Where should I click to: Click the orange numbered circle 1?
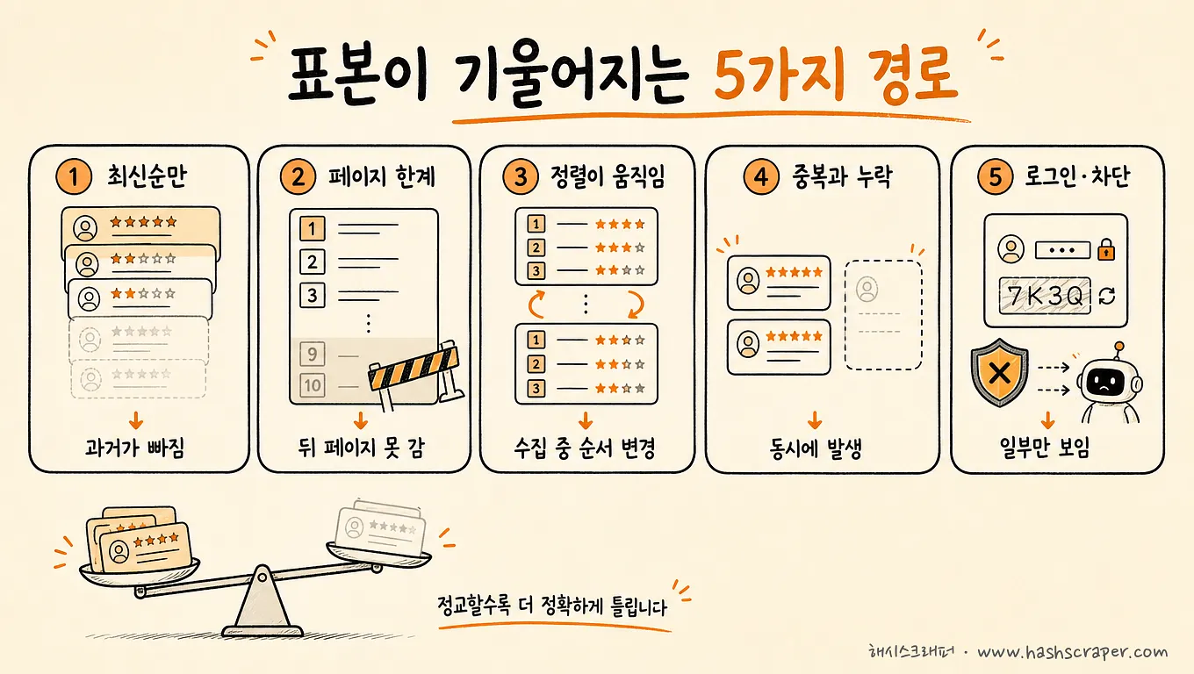[74, 176]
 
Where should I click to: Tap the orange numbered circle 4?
[761, 176]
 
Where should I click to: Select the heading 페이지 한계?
[382, 176]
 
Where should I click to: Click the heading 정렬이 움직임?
[608, 176]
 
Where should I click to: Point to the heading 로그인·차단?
[1077, 176]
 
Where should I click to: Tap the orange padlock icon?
[1106, 249]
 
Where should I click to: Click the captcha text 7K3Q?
[1045, 296]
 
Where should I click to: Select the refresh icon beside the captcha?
[1107, 296]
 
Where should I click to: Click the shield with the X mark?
[999, 373]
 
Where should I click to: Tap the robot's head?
[1109, 381]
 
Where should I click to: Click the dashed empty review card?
[883, 315]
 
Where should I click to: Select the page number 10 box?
[313, 384]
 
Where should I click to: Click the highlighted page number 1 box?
[313, 228]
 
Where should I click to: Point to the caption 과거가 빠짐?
[135, 448]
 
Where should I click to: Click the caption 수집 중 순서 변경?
[586, 448]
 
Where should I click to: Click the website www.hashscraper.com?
[1073, 652]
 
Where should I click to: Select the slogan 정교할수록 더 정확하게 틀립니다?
[552, 606]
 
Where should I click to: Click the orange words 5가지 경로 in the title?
[836, 75]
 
